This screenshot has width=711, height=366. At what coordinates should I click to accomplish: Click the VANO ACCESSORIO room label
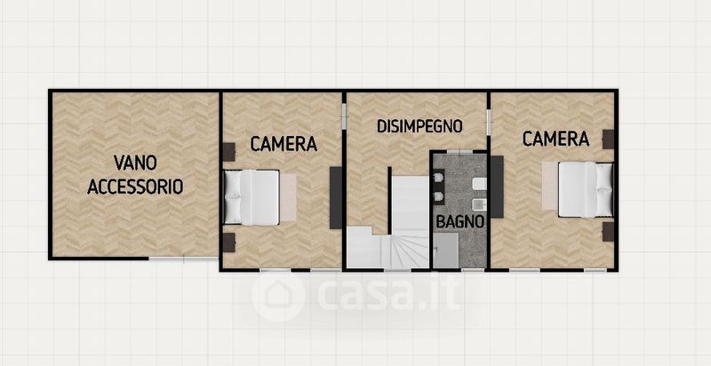pos(135,174)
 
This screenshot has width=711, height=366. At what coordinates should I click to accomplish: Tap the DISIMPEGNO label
pos(419,126)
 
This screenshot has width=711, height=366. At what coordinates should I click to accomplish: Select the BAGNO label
pos(459,222)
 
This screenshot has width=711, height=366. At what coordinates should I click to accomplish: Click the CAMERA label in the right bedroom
pos(555,139)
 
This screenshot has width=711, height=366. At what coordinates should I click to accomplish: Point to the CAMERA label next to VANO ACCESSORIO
pos(284,144)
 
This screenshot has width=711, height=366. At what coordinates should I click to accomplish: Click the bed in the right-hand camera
pos(586,190)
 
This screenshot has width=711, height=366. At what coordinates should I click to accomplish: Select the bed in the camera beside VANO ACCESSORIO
pos(252,197)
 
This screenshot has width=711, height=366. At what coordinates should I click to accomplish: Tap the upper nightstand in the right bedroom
pos(608,139)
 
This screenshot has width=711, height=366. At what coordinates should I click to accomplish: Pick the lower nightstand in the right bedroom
pos(608,232)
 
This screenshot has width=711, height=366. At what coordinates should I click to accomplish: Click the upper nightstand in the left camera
pos(229,152)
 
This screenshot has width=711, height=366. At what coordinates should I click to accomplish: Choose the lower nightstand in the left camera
pos(229,243)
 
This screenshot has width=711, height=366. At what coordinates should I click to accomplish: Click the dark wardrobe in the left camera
pos(336,197)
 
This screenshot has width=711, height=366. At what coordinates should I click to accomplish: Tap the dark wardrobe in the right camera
pos(497,187)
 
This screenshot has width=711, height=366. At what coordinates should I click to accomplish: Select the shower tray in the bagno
pos(445,251)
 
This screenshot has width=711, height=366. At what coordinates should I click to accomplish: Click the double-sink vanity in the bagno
pos(438,187)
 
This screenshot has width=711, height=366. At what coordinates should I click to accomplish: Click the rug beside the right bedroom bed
pos(550,186)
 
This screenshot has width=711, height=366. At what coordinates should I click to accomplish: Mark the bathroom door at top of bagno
pos(459,151)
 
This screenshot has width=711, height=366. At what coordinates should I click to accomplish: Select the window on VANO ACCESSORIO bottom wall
pos(183,259)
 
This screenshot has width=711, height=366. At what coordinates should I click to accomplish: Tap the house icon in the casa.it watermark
pos(277,296)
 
